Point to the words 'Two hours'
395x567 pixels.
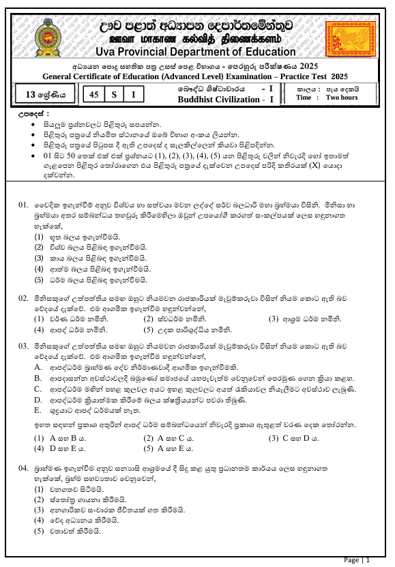pos(342,98)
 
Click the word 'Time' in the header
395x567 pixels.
pos(304,98)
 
